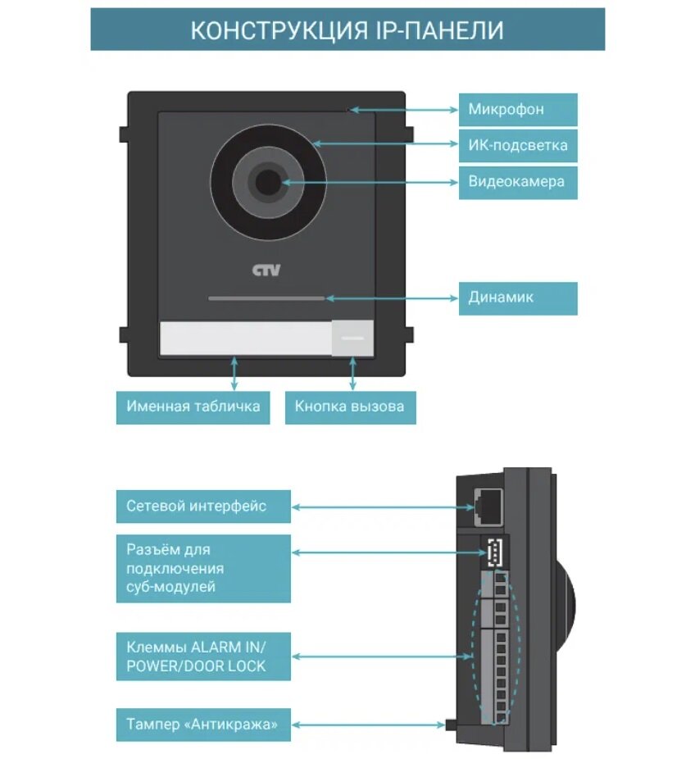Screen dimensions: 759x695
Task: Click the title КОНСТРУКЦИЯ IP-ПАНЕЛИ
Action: tap(347, 30)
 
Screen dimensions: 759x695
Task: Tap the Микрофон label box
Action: tap(517, 109)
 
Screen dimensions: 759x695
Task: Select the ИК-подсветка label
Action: tap(517, 146)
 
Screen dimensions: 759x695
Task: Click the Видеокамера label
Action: tap(517, 182)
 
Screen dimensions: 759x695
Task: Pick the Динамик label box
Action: tap(517, 298)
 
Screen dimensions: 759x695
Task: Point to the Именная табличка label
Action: tap(193, 407)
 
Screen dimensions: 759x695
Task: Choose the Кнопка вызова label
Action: tap(350, 407)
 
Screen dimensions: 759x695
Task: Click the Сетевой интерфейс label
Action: tap(203, 507)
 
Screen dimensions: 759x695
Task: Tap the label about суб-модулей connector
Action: tap(203, 568)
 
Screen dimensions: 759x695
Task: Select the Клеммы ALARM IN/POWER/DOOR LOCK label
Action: tap(203, 655)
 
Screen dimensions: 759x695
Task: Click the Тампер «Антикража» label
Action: tap(203, 725)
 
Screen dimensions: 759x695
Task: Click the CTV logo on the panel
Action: tap(266, 270)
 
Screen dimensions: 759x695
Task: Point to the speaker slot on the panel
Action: tap(266, 298)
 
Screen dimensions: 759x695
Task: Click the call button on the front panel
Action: tap(352, 338)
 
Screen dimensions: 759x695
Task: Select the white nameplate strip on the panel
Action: tap(245, 338)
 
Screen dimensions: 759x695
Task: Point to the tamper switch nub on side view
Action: tap(450, 725)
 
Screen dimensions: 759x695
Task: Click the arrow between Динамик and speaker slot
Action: tap(393, 298)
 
